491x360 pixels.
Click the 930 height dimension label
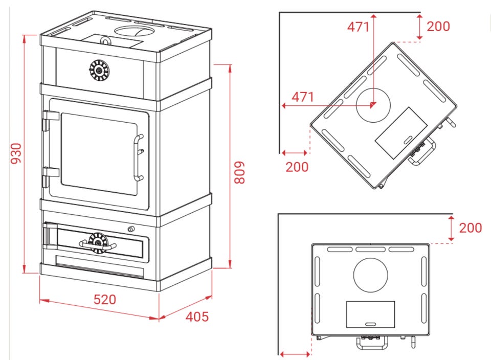(16, 153)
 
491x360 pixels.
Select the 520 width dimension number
(105, 300)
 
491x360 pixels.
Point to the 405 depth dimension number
(197, 317)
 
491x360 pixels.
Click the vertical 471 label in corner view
(358, 27)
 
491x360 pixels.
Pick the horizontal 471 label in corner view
(303, 97)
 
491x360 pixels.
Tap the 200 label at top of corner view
(438, 26)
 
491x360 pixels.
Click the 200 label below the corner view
(297, 167)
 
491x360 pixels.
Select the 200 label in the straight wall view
(471, 228)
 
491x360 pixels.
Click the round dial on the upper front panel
(99, 71)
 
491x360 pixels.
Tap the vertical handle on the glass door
(138, 158)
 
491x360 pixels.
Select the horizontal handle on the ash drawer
(98, 245)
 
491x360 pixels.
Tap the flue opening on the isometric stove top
(134, 31)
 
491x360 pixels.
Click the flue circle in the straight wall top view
(370, 275)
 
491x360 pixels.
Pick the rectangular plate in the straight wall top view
(370, 314)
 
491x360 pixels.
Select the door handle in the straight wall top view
(372, 343)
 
